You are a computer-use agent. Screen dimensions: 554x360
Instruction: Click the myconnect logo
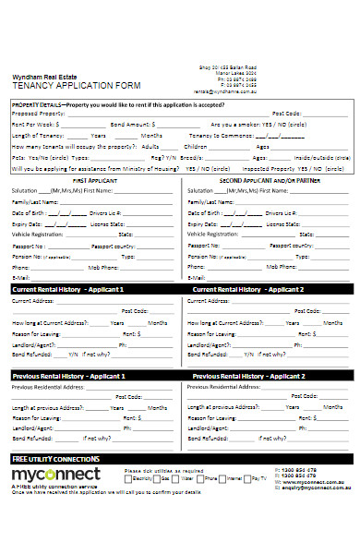click(55, 475)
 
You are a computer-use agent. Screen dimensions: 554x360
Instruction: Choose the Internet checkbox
click(222, 478)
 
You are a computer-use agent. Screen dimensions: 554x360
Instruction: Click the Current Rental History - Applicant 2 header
click(248, 289)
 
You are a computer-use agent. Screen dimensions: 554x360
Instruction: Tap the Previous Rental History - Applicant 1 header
click(68, 377)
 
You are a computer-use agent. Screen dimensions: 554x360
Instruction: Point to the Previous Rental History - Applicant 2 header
click(248, 377)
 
